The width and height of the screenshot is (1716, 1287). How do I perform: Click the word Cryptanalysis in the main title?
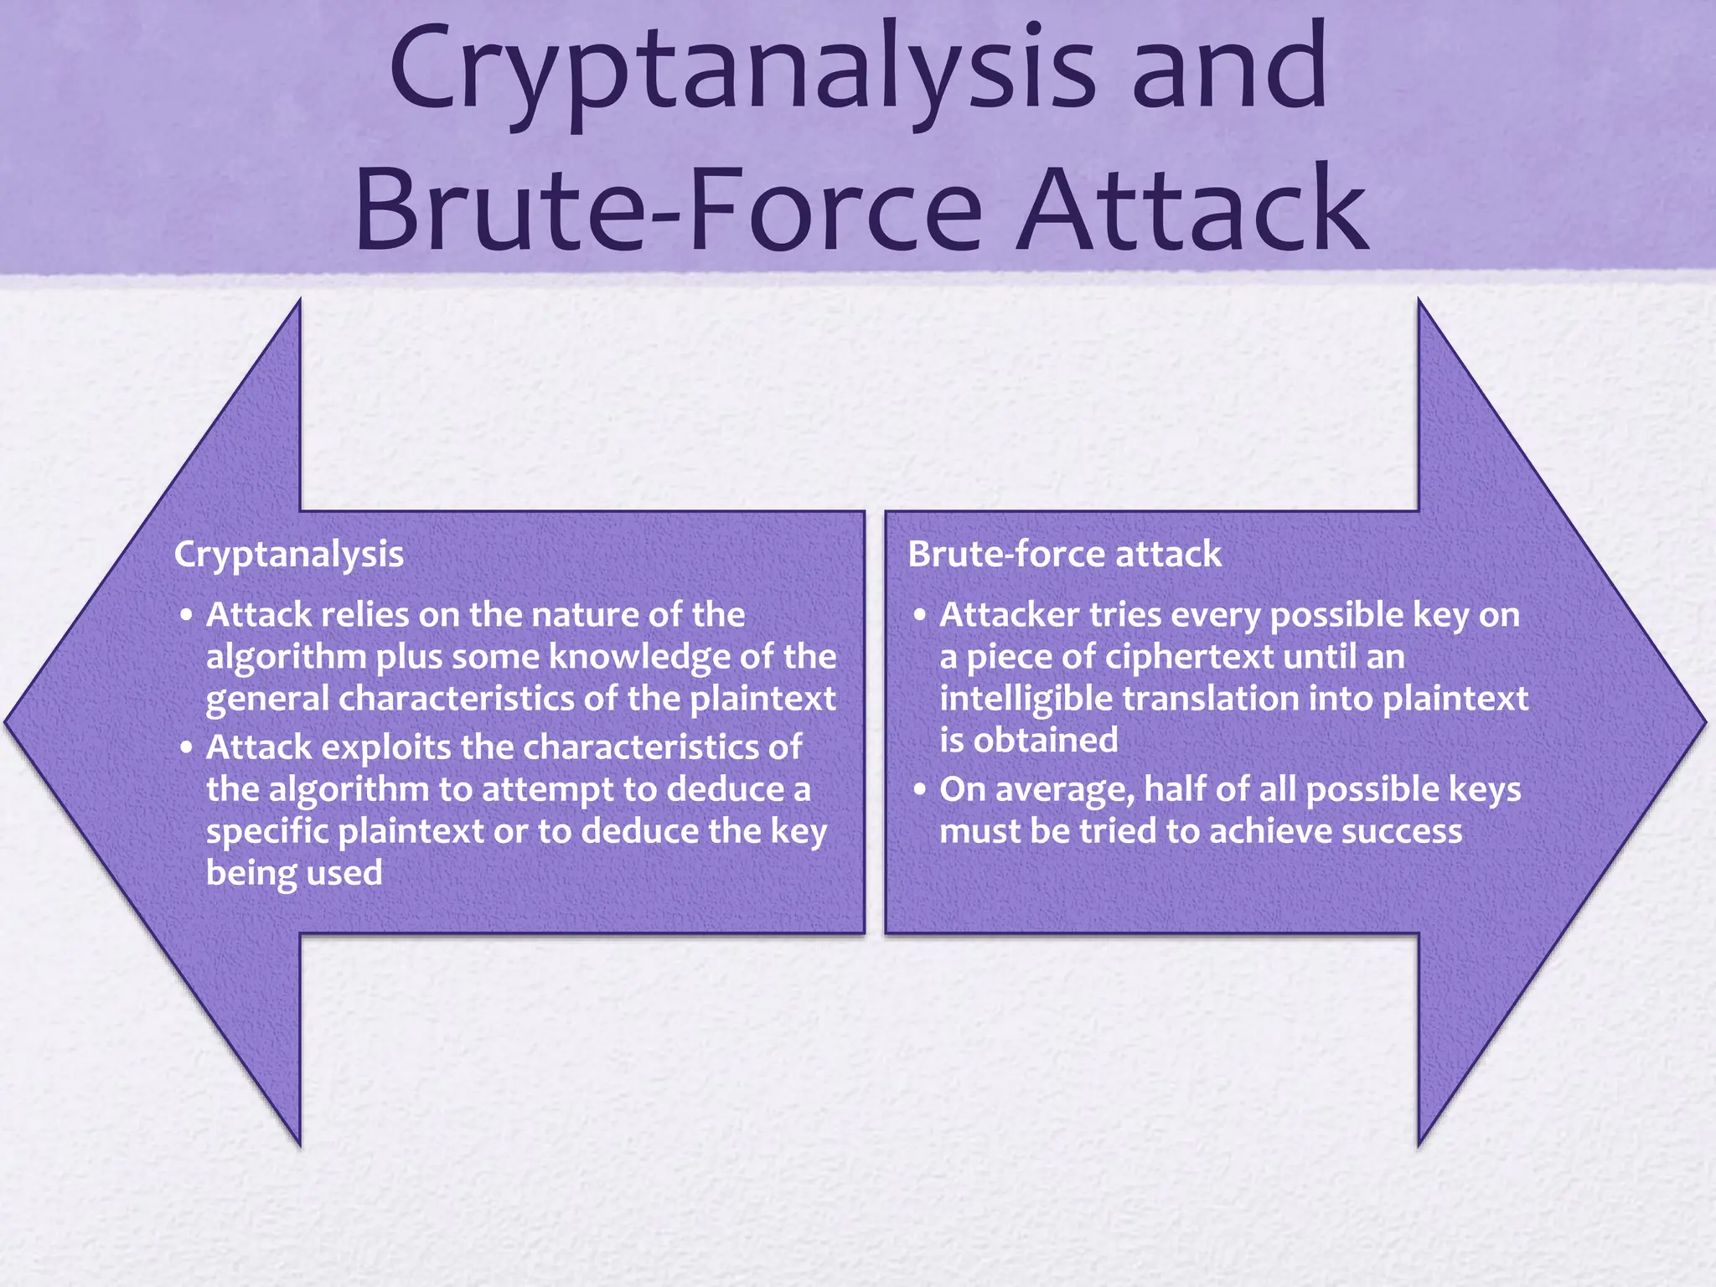742,71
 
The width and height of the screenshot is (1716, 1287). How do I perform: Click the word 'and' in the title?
1229,71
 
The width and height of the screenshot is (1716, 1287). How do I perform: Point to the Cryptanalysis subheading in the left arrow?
288,555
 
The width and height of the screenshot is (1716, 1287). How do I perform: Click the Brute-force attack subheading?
1064,555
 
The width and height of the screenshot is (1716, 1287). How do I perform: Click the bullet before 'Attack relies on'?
186,616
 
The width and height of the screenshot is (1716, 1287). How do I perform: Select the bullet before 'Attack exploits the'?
186,748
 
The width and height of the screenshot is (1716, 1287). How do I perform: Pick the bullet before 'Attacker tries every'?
920,616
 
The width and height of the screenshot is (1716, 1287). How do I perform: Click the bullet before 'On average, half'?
920,790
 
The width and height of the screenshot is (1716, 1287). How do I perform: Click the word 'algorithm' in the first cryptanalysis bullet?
286,658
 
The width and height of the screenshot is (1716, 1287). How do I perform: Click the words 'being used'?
294,873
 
